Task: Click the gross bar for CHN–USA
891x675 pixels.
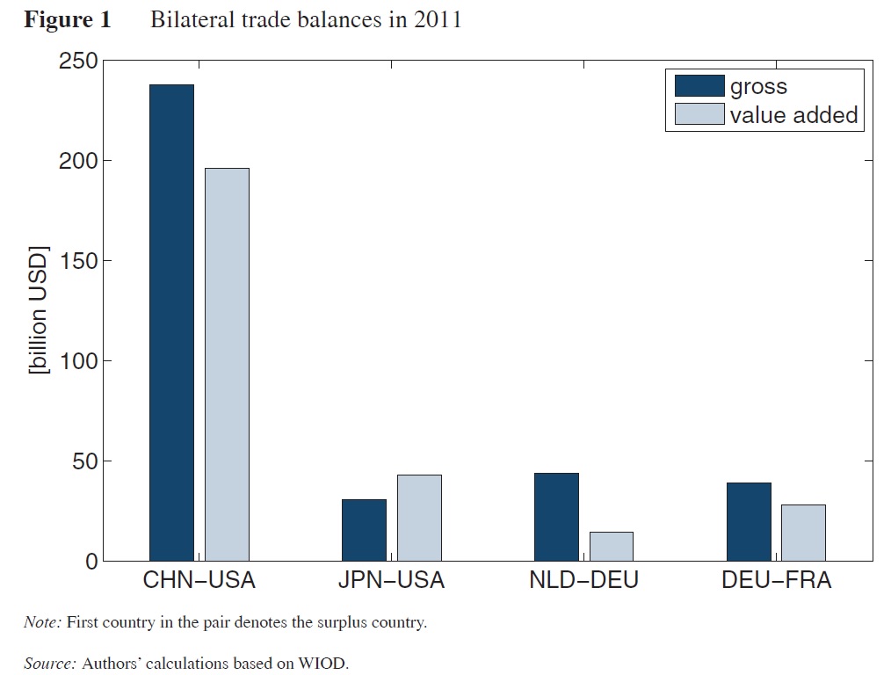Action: (171, 323)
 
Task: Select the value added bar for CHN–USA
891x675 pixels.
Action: (227, 364)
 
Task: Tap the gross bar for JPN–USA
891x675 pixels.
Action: (364, 530)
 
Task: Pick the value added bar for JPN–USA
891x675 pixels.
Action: (419, 518)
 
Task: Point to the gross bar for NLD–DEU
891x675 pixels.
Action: (556, 517)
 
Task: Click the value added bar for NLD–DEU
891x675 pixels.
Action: (612, 546)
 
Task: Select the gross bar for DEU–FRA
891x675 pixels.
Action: (749, 521)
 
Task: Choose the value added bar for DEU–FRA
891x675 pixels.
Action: (803, 533)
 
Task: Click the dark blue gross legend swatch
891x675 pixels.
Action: (699, 86)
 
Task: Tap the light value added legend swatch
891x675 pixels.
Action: (699, 114)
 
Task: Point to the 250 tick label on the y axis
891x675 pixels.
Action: (77, 62)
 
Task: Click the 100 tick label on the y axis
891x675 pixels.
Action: (77, 361)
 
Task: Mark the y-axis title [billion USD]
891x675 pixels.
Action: (39, 310)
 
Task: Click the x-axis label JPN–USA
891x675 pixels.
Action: (391, 582)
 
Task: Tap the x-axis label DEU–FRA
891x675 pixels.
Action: (776, 582)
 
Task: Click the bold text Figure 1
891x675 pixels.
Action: (68, 20)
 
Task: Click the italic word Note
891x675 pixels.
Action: (40, 623)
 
